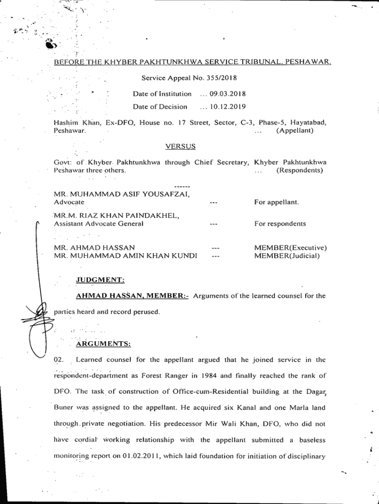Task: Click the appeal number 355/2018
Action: pos(224,78)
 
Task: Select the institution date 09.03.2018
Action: pos(227,94)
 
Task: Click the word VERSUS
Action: pos(180,146)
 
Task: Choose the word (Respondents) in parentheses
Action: pos(300,170)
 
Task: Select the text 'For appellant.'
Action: pos(276,202)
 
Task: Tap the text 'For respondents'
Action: pos(280,223)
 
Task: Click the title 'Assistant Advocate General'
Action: pos(98,224)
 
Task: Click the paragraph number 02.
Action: pos(58,360)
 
